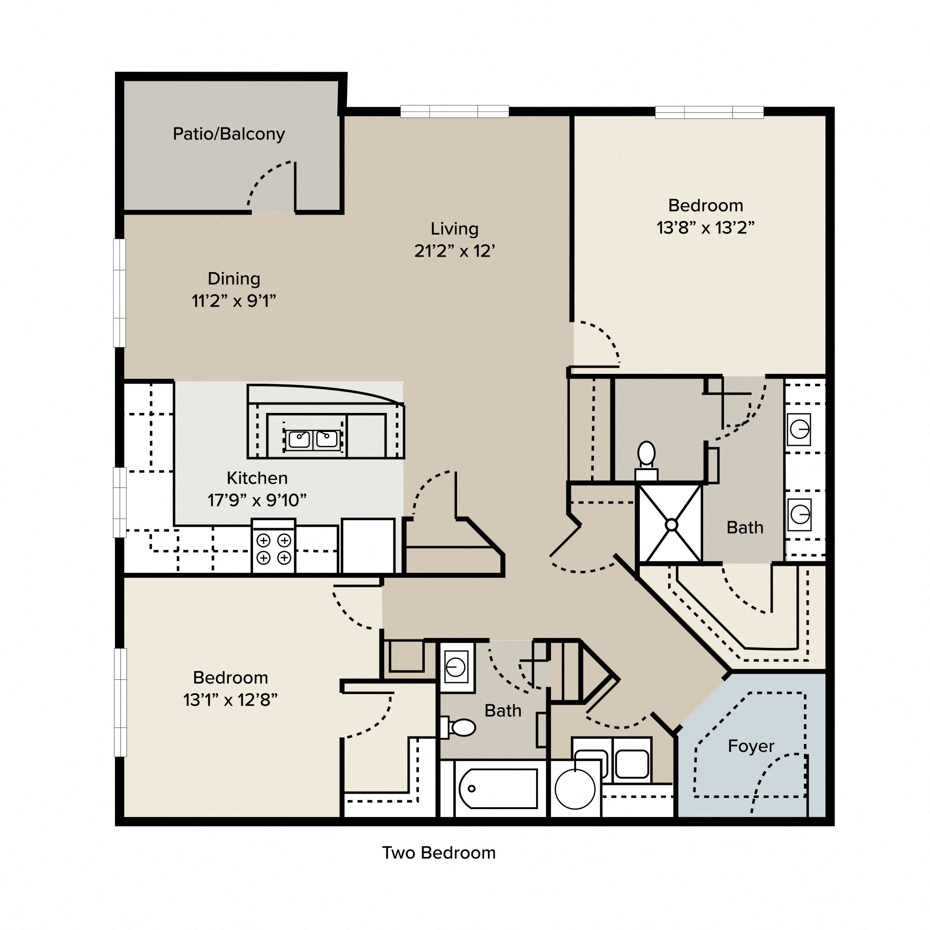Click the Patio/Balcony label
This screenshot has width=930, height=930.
coord(229,134)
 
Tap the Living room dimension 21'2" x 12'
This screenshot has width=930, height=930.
coord(454,251)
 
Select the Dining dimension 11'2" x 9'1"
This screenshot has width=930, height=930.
coord(233,301)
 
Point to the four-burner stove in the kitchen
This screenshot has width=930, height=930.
coord(273,549)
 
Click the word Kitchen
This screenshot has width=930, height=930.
coord(257,478)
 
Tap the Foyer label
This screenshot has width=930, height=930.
coord(751,746)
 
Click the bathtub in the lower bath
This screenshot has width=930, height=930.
coord(498,789)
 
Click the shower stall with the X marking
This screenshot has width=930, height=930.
coord(671,524)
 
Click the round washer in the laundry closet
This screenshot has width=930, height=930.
coord(575,789)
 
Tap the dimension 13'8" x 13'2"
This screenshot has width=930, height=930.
coord(705,228)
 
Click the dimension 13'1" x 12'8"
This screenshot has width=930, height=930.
coord(230,700)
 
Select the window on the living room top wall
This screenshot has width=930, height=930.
coord(454,112)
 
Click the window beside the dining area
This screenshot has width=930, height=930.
coord(120,292)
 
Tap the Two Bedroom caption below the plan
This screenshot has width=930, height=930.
coord(438,853)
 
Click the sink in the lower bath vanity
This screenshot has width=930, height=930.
coord(456,667)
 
